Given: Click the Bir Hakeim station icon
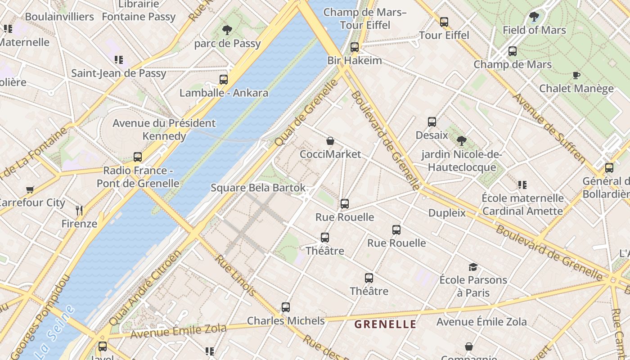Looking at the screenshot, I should (x=354, y=47).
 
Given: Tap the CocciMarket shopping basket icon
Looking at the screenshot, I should (x=330, y=141).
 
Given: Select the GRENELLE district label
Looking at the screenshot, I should (x=385, y=324).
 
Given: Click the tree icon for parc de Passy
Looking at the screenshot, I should (x=227, y=30).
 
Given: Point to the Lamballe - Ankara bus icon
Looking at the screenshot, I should (x=224, y=80).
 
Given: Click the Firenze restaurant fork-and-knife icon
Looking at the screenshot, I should (x=80, y=210).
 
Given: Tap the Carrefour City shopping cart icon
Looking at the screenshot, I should (x=30, y=189).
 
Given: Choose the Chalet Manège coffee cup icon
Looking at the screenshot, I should (x=576, y=75).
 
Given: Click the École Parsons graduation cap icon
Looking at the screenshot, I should (x=472, y=267).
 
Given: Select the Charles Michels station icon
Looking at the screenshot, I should (x=285, y=307).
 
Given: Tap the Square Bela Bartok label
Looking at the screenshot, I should (x=258, y=188).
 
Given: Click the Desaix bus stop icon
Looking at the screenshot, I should (x=432, y=122).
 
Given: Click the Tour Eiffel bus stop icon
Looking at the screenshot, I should (x=444, y=22).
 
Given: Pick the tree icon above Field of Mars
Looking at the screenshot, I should (x=534, y=17).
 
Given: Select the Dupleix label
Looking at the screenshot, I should (x=447, y=213).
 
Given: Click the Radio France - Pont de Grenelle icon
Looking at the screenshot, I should (x=138, y=157).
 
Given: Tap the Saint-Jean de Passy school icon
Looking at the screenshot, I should (x=119, y=60).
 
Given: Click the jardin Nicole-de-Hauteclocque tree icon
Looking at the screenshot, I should (x=461, y=141).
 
